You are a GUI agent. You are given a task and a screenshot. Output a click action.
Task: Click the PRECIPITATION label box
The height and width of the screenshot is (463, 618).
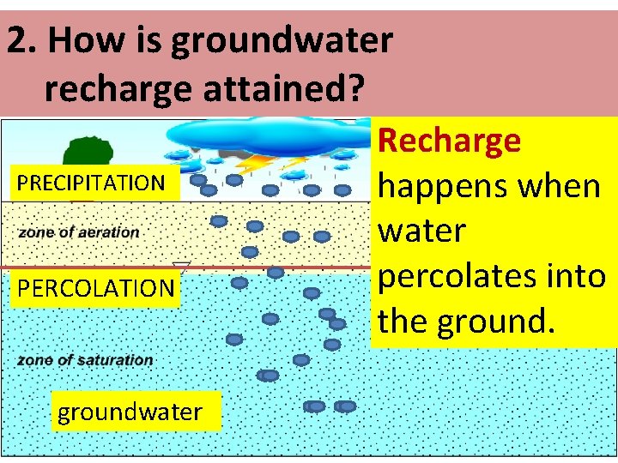[x=91, y=183]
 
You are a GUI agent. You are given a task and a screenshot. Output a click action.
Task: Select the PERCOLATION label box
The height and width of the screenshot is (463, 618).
[x=95, y=288]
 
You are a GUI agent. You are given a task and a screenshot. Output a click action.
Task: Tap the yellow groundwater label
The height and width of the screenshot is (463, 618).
[x=130, y=412]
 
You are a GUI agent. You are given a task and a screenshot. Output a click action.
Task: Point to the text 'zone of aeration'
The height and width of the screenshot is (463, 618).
[x=79, y=231]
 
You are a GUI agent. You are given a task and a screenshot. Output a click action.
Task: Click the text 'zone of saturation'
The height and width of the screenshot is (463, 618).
[x=85, y=360]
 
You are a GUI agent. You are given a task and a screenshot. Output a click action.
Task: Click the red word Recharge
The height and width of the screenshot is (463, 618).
[x=450, y=140]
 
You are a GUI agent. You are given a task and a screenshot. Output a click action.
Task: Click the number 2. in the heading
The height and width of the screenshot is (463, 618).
[x=22, y=40]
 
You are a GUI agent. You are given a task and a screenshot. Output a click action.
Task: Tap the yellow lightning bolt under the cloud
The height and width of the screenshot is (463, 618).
[x=257, y=162]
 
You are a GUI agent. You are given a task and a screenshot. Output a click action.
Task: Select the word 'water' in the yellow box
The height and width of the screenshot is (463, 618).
[x=421, y=231]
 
